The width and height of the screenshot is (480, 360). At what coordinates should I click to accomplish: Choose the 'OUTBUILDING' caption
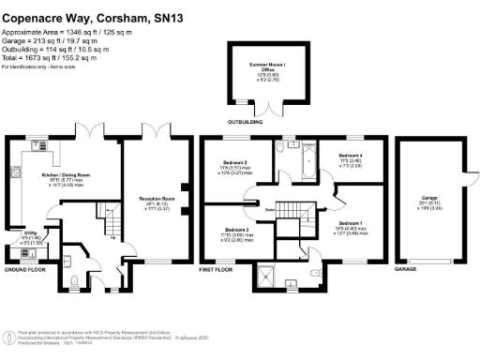pos(245,121)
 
